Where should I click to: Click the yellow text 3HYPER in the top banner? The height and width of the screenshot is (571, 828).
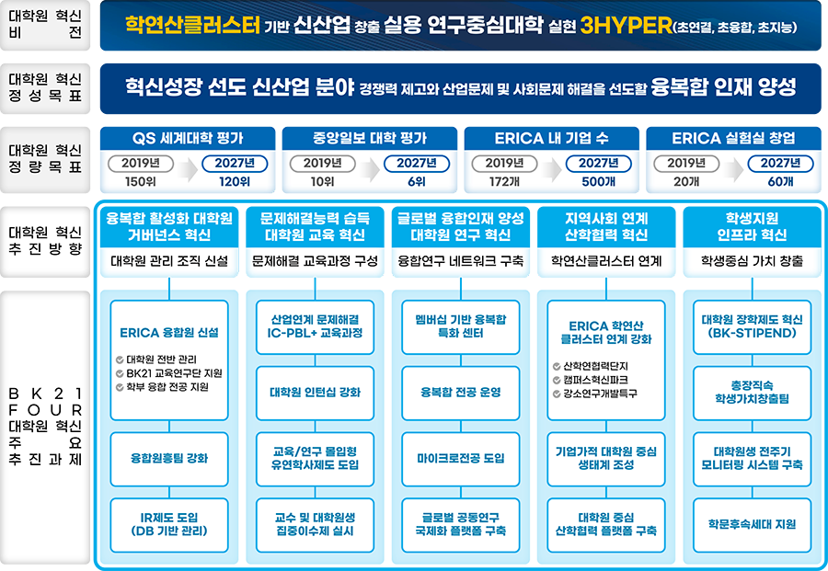[x=627, y=26]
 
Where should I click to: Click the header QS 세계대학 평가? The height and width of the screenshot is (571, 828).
[x=188, y=138]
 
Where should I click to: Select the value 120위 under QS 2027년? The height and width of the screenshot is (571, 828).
[x=235, y=181]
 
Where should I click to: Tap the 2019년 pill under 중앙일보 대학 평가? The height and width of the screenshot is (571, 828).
[x=323, y=164]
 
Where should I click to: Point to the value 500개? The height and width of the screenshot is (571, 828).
[x=598, y=181]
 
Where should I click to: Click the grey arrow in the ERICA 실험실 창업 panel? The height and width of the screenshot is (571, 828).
[x=733, y=169]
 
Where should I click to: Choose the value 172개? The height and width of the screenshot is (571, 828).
[x=504, y=181]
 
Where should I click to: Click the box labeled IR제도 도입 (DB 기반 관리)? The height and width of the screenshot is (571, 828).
[x=169, y=524]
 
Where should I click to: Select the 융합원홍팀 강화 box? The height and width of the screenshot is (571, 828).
[x=169, y=459]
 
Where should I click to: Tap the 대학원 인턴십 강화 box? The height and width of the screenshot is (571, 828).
[x=315, y=393]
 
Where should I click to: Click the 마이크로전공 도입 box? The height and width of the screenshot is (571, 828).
[x=461, y=459]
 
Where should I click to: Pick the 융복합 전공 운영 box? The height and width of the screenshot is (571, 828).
[x=461, y=393]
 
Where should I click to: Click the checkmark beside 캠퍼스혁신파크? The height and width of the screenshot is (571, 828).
[x=557, y=380]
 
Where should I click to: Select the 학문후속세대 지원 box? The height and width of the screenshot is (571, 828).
[x=752, y=524]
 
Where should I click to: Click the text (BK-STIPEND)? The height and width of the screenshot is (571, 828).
[x=752, y=333]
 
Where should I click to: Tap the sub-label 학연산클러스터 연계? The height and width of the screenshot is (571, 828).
[x=606, y=261]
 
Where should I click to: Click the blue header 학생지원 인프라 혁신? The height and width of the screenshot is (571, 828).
[x=752, y=227]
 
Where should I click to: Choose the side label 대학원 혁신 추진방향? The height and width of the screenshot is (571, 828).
[x=45, y=241]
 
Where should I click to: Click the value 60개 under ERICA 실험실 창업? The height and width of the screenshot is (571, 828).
[x=780, y=181]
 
